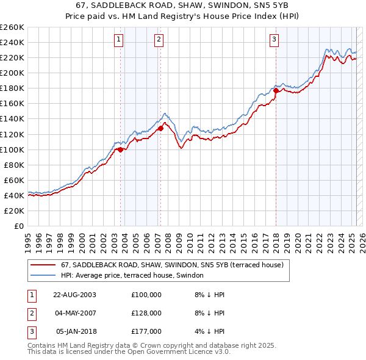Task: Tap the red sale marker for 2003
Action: (x=121, y=149)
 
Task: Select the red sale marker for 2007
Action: (x=160, y=128)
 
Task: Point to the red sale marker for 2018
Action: (x=276, y=91)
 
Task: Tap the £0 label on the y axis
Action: (x=18, y=226)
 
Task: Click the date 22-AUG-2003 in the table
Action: (x=75, y=294)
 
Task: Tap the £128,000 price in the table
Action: (x=146, y=312)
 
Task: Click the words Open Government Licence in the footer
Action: (x=174, y=352)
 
